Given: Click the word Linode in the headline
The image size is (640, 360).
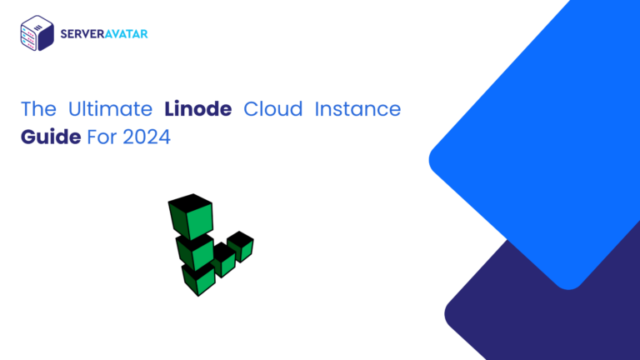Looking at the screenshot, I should [197, 109].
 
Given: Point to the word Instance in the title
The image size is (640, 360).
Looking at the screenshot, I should [360, 109].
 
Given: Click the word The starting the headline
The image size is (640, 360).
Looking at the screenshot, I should [38, 109].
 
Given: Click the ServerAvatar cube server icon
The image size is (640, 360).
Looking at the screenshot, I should [37, 33].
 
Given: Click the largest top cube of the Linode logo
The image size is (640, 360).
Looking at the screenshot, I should [191, 216].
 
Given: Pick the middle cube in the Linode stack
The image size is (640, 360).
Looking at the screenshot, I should [196, 251].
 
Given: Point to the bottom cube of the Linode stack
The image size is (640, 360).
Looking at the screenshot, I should [200, 280].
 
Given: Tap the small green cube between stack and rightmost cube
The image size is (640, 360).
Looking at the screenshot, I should [222, 261].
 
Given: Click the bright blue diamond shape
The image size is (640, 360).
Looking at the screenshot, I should [533, 150].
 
